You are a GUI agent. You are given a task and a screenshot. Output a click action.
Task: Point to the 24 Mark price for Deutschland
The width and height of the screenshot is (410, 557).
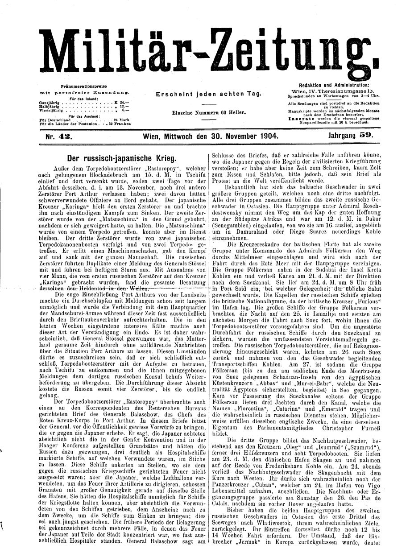point(121,120)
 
